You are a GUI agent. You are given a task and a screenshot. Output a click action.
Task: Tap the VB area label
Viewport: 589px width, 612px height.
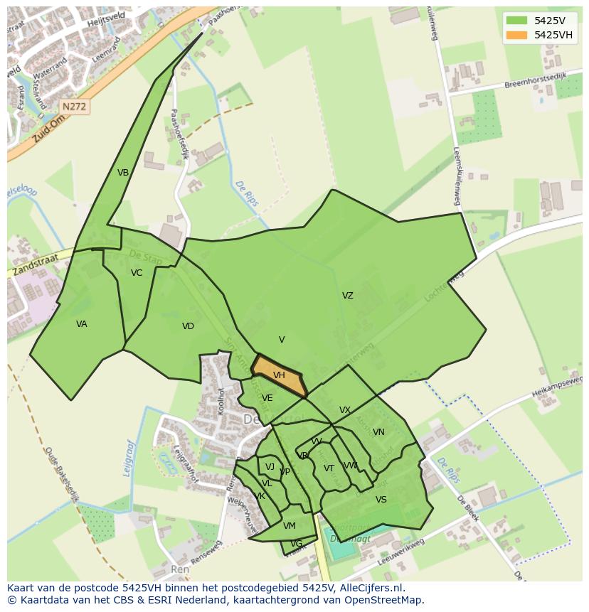(123, 173)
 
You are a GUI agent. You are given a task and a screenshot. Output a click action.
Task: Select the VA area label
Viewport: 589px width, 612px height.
(82, 324)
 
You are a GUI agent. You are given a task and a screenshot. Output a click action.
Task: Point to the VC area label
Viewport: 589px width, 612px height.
(137, 273)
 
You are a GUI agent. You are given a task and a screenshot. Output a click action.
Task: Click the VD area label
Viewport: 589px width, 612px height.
(188, 326)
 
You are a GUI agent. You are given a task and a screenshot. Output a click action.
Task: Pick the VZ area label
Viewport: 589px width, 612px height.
(347, 296)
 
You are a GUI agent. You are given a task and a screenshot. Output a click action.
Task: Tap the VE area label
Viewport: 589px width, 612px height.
(267, 398)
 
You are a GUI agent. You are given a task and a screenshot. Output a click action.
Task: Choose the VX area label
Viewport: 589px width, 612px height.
(345, 410)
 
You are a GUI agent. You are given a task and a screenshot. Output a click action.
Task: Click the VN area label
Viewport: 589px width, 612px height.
(378, 432)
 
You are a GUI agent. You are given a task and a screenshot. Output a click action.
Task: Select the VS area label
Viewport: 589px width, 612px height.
(381, 500)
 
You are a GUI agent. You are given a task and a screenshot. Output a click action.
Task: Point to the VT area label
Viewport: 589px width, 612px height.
(329, 468)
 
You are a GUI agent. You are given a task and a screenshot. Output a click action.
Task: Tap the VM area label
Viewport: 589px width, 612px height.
(289, 526)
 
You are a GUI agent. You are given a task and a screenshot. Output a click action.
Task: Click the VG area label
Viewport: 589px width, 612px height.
(297, 544)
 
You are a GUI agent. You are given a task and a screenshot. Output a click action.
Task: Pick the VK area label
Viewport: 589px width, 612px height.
(260, 496)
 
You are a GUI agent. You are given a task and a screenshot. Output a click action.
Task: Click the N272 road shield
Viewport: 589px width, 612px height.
(74, 107)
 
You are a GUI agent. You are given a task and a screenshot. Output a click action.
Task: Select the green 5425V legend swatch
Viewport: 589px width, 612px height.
(516, 20)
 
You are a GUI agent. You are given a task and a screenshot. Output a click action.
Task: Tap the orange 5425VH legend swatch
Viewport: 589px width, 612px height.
(516, 35)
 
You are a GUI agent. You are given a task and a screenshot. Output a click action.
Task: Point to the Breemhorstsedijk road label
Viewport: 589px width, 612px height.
(534, 80)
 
